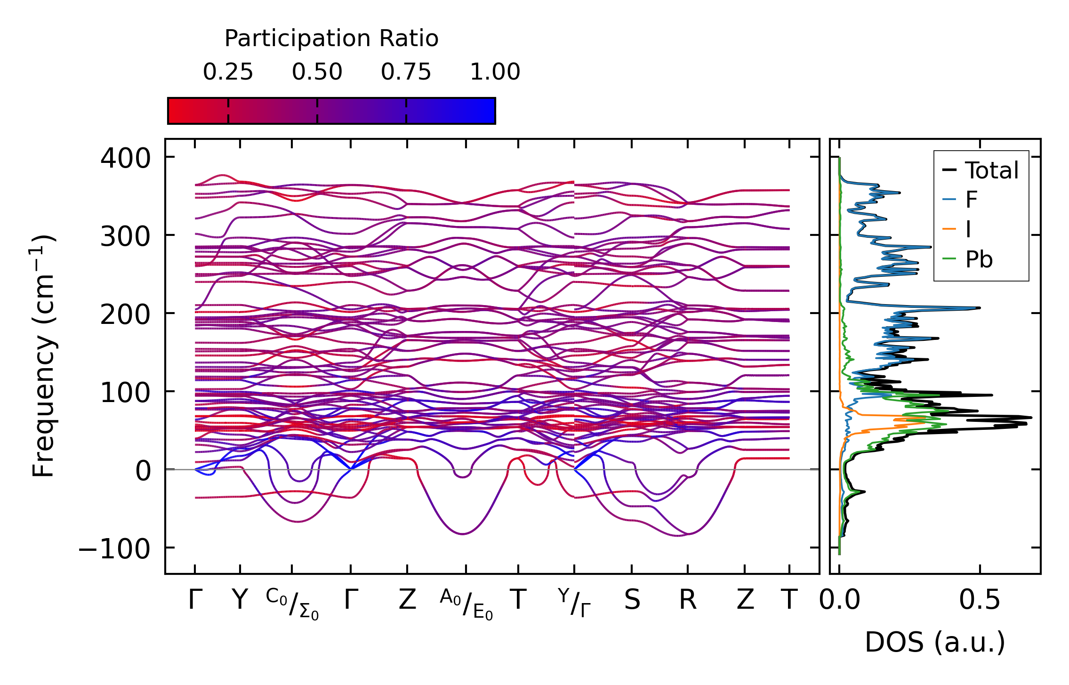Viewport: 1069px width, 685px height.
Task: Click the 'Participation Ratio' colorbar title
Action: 331,39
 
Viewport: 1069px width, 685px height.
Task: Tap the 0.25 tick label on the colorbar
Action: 228,72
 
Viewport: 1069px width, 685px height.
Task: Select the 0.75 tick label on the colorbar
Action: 406,72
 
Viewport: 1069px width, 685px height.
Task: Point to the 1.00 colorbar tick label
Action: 495,72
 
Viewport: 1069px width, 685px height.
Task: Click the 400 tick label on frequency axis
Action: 125,158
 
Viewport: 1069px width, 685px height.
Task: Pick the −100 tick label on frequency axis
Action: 114,548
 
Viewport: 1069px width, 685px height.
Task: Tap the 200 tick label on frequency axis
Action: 125,314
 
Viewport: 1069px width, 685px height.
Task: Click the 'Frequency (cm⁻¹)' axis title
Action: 44,356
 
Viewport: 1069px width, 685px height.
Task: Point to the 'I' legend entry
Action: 968,230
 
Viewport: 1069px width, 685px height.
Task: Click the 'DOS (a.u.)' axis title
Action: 935,642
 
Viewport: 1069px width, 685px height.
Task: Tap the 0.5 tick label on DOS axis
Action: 980,600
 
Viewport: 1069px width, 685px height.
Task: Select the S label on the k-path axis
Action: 632,600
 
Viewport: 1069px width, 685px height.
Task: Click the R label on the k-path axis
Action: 688,600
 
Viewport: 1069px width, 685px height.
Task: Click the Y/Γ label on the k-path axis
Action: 574,603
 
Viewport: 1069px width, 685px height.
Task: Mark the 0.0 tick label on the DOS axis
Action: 839,600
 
